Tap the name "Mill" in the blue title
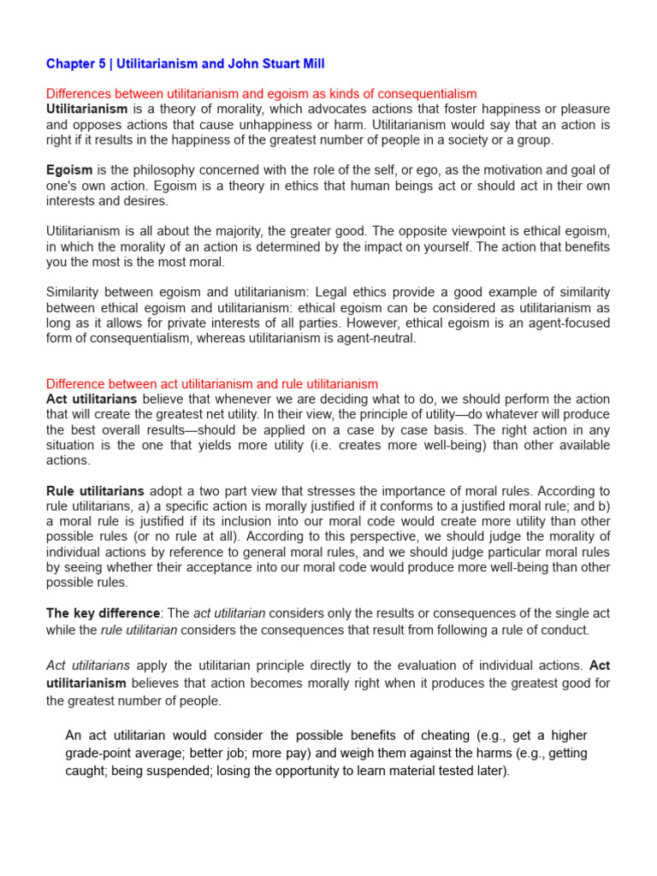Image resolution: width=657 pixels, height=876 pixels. (310, 64)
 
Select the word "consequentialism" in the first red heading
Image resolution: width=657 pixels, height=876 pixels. (421, 94)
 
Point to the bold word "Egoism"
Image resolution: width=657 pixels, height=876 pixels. (68, 170)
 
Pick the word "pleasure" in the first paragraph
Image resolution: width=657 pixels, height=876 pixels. (581, 109)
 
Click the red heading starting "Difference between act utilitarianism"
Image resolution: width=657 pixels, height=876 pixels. (211, 384)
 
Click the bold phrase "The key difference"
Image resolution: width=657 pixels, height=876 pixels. (103, 613)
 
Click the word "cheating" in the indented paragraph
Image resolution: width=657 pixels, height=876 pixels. (442, 736)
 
